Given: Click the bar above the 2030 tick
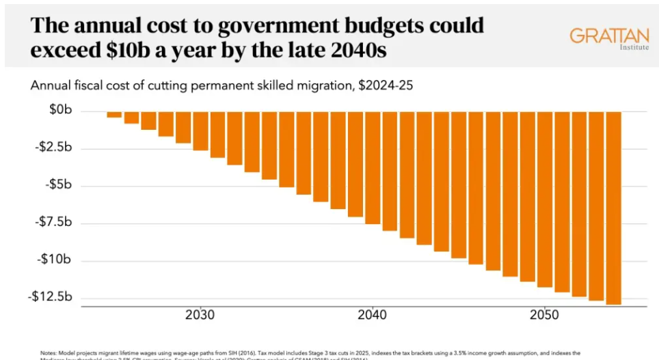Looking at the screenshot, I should [200, 131].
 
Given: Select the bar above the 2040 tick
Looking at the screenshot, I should [373, 167].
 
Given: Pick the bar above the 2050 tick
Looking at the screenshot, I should [545, 199].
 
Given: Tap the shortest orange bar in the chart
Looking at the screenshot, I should [114, 114].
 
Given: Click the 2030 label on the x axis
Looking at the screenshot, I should [200, 316].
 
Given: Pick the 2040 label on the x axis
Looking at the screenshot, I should [373, 316].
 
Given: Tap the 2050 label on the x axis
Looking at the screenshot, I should [545, 316].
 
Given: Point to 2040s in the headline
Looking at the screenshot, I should [368, 50].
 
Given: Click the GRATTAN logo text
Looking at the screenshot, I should [608, 36].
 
